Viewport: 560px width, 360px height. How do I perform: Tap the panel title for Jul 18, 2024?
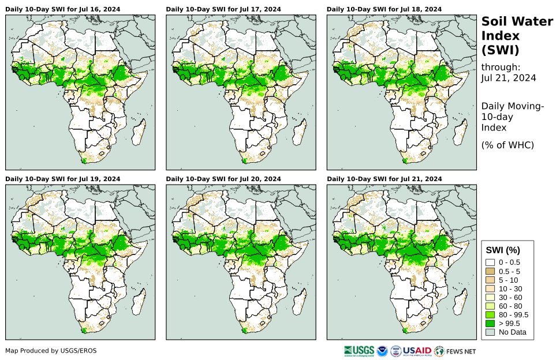[384, 9]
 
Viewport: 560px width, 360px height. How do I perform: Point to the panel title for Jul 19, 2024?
[63, 179]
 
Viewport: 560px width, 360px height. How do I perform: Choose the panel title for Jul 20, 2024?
[223, 179]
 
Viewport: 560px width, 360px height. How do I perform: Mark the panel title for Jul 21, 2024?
[384, 179]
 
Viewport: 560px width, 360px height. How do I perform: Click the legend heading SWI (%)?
[503, 250]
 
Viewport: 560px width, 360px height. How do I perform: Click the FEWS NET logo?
[456, 351]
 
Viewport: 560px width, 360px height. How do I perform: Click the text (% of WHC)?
[507, 145]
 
